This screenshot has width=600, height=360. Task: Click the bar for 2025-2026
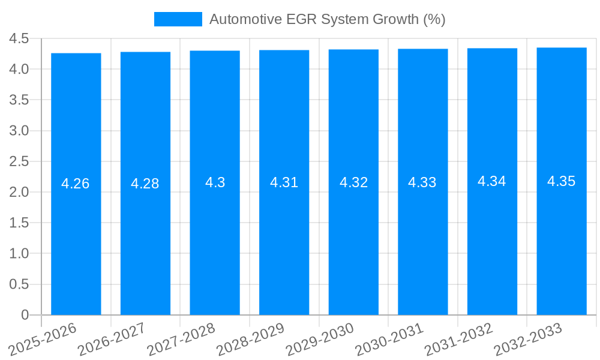pos(76,240)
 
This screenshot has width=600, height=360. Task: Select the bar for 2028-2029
pos(284,240)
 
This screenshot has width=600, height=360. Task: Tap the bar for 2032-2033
pos(561,240)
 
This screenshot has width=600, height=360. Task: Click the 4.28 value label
pos(145,184)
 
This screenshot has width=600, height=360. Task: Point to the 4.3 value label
pos(215,182)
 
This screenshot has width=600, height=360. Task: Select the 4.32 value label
pos(353,182)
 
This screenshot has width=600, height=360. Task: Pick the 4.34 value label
pos(492,181)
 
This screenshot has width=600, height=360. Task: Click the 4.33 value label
pos(422,182)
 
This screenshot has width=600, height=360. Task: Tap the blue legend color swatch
pos(178,19)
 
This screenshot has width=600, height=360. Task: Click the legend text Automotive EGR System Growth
pos(327,19)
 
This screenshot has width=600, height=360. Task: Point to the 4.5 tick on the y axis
pos(19,39)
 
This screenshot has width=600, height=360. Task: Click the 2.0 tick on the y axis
pos(19,192)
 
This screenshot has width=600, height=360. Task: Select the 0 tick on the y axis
pos(25,315)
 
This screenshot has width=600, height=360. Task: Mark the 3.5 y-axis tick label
pos(19,100)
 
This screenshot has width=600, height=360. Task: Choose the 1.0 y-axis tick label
pos(19,254)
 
